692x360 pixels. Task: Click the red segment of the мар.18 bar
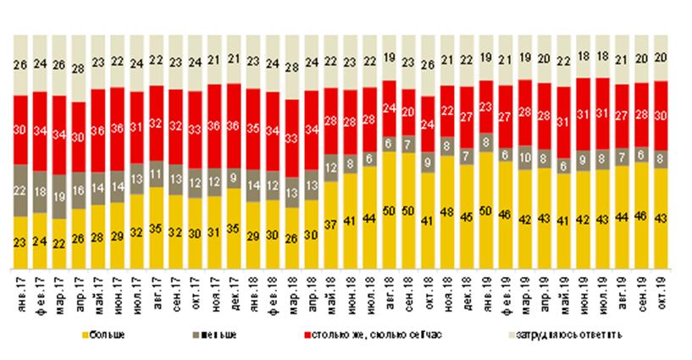tap(291, 138)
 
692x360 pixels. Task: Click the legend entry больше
tap(110, 335)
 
